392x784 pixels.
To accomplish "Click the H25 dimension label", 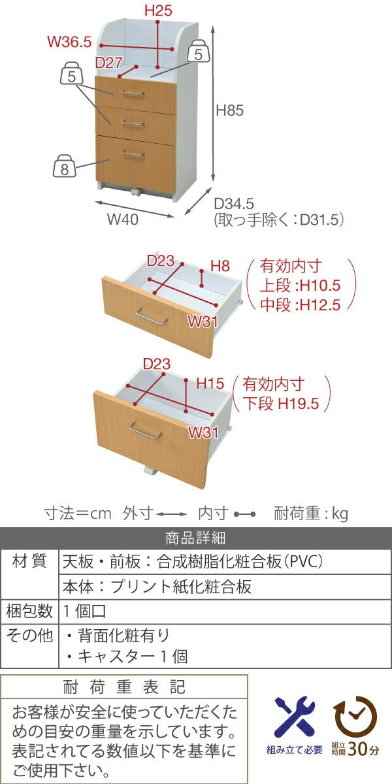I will (157, 10).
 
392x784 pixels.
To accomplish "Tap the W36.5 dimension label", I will (69, 42).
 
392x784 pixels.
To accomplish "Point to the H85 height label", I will (229, 111).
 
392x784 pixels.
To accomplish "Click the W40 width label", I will (122, 220).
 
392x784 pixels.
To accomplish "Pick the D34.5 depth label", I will (234, 203).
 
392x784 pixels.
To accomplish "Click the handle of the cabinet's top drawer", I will (133, 94).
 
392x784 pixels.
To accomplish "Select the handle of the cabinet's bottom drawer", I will (133, 154).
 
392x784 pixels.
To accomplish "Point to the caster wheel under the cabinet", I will (137, 193).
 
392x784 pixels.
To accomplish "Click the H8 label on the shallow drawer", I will (220, 266).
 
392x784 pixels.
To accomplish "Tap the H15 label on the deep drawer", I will (210, 384).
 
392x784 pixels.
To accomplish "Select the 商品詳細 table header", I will (195, 538).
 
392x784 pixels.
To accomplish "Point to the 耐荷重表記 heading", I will (124, 687).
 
